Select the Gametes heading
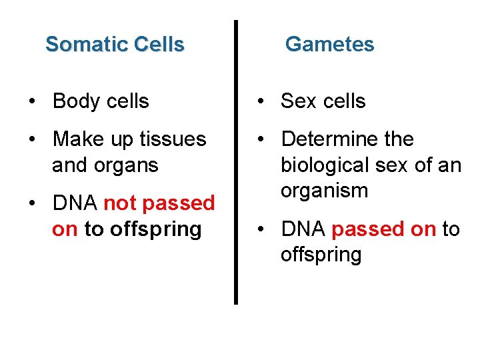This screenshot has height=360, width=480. pos(329,45)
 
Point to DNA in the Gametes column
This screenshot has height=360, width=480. pos(303,229)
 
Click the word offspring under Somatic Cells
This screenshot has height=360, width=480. pos(155,229)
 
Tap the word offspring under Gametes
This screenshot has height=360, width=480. pos(321,255)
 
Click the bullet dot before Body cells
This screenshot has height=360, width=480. pos(33,102)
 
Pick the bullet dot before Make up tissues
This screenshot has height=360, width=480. pos(33,140)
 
